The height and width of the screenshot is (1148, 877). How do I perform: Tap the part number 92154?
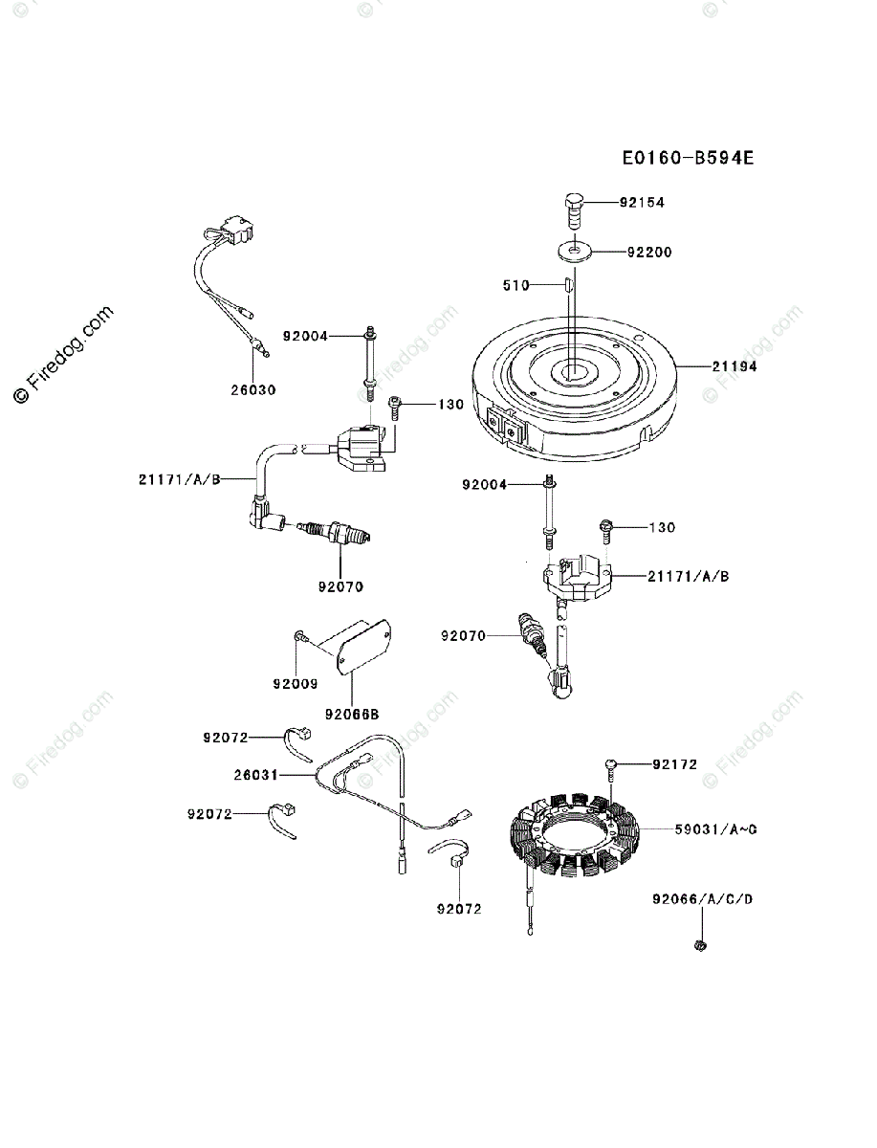coord(641,203)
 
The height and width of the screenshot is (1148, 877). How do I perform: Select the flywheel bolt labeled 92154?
coord(574,210)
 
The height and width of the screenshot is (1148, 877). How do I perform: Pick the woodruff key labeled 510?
coord(566,284)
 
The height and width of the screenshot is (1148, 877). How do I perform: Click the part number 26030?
coord(253,389)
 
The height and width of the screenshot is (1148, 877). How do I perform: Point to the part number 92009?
coord(296,684)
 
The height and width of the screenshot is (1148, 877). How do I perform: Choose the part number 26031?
coord(255,774)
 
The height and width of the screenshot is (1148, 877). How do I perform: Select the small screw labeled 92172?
coord(610,764)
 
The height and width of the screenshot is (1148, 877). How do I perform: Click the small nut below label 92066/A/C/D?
coord(699,945)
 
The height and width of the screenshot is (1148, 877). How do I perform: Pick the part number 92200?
coord(649,253)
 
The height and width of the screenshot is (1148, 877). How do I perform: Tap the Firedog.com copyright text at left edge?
coord(63,356)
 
